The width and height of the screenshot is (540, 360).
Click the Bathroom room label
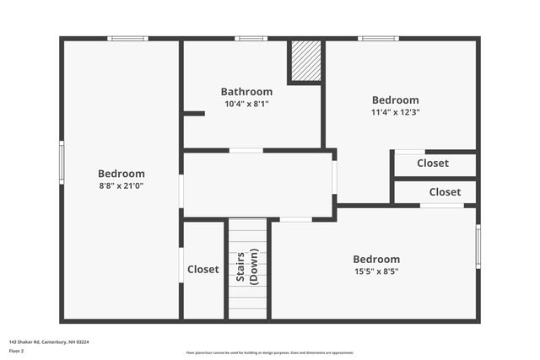tap(246, 92)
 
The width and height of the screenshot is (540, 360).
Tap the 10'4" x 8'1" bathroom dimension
tap(246, 104)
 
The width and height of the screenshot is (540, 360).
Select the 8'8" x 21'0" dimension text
tap(121, 185)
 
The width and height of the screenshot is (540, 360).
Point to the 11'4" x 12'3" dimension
tap(395, 111)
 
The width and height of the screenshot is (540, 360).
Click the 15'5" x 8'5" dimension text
tap(376, 271)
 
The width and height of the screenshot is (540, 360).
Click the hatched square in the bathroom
tap(305, 60)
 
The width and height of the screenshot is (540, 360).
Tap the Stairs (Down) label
tap(246, 266)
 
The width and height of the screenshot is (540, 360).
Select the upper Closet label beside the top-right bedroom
tap(432, 164)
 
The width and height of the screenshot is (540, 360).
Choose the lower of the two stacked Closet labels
tap(444, 192)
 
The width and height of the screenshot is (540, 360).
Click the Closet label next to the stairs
tap(202, 270)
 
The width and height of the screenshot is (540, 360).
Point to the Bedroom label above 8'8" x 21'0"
tap(121, 174)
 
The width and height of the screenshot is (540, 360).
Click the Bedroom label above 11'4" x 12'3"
tap(395, 99)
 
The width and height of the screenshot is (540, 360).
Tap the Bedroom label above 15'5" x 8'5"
tap(376, 259)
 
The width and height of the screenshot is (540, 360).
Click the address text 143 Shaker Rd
tap(49, 341)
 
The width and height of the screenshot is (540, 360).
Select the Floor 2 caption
tap(18, 350)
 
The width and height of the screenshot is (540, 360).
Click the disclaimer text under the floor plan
tap(269, 352)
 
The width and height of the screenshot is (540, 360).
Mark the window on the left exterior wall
tap(62, 162)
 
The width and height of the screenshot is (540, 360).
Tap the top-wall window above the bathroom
tap(251, 38)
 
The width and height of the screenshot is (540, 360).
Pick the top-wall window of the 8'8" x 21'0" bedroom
tap(127, 38)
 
